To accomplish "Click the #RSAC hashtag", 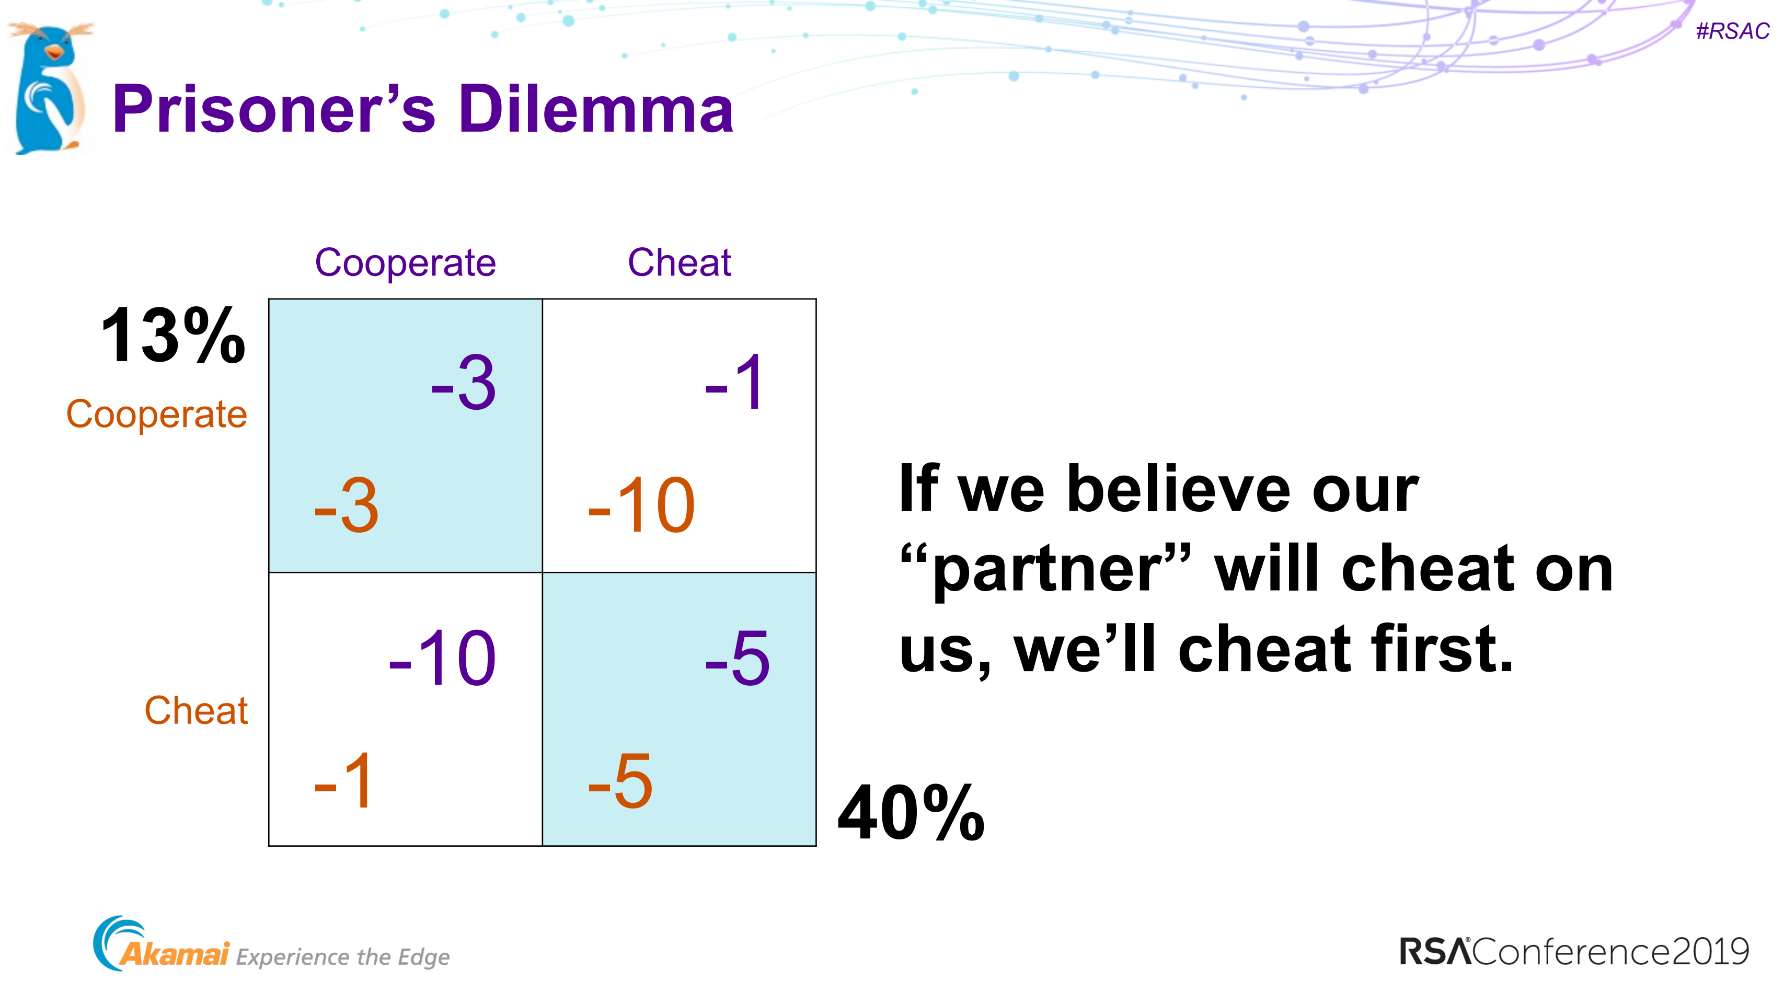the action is click(x=1732, y=31).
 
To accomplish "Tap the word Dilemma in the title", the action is click(x=595, y=109).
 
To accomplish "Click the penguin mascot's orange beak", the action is click(x=53, y=51).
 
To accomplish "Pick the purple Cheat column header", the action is click(x=680, y=262).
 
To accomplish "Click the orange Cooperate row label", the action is click(x=156, y=415).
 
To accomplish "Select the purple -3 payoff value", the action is click(x=463, y=383).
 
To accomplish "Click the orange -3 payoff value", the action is click(x=346, y=505).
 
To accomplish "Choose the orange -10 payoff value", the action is click(x=641, y=505).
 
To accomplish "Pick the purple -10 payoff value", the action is click(x=443, y=658).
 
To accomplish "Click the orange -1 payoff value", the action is click(x=343, y=781).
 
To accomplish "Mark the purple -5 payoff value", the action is click(x=738, y=658).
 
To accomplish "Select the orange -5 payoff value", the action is click(x=620, y=781).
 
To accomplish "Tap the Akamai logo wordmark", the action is click(x=174, y=954).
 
